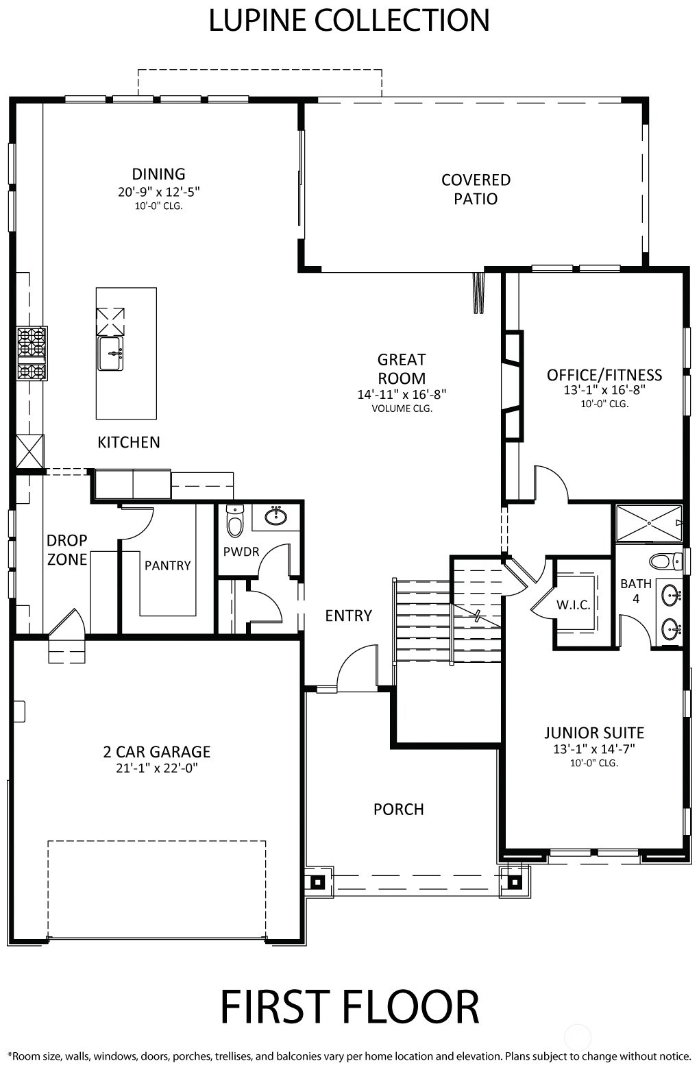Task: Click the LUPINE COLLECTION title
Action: tap(349, 21)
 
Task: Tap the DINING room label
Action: tap(158, 174)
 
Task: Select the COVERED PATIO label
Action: tap(476, 189)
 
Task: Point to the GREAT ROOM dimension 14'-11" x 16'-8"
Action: tap(402, 395)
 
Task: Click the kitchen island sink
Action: tap(110, 353)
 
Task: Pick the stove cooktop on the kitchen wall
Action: tap(32, 354)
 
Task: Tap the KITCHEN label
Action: tap(129, 442)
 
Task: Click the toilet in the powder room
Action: tap(234, 522)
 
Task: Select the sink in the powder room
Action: tap(276, 515)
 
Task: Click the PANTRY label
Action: tap(167, 566)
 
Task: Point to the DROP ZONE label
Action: tap(66, 550)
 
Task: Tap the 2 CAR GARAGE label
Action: tap(157, 752)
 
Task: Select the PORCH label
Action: tap(398, 810)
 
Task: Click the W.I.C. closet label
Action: tap(573, 605)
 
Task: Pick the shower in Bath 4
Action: tap(649, 523)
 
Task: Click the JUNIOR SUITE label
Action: tap(594, 733)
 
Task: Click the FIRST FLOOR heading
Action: tap(349, 1007)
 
